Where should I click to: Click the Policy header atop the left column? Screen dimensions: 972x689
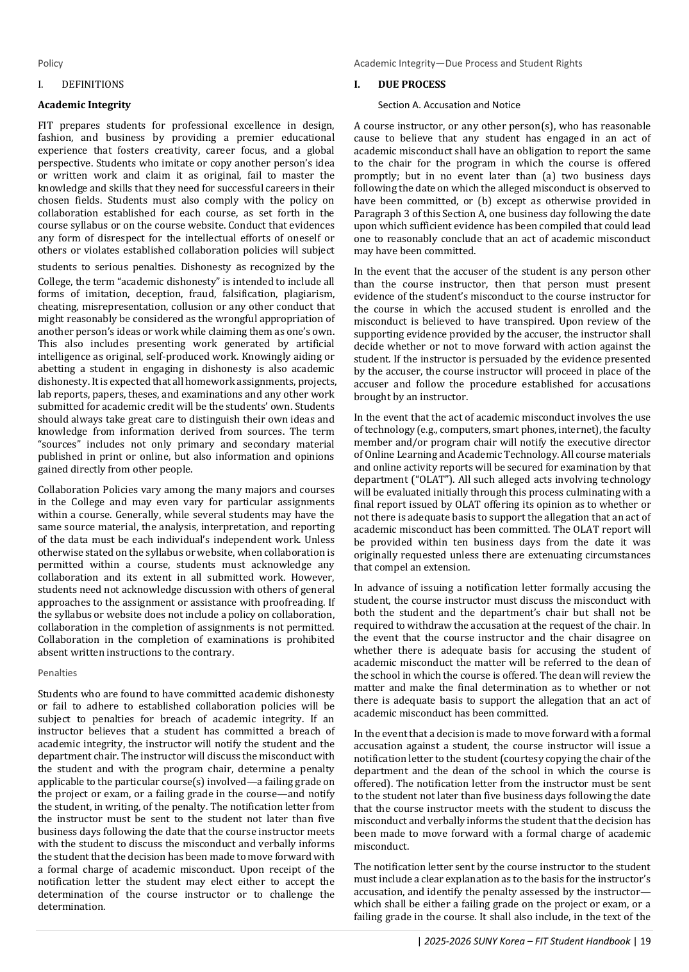(50, 63)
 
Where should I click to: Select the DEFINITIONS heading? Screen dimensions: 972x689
(92, 85)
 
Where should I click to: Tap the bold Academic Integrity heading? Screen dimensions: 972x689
(84, 105)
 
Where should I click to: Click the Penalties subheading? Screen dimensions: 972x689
(57, 673)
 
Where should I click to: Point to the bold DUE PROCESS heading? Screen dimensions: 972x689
(411, 85)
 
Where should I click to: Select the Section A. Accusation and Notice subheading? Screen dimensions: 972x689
(449, 105)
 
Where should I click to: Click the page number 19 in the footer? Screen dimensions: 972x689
(645, 941)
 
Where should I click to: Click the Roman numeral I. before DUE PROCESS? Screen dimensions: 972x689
(357, 85)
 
